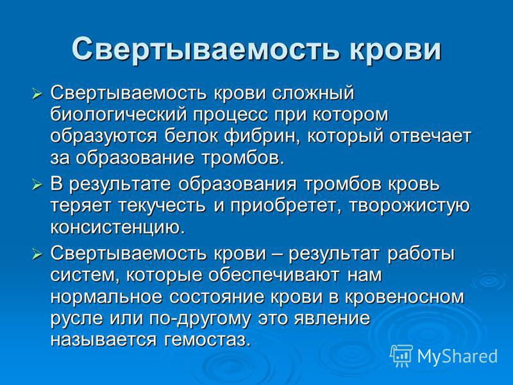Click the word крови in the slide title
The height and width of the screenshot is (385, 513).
click(395, 49)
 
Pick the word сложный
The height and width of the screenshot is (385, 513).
click(314, 93)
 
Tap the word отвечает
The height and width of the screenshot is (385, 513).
click(430, 137)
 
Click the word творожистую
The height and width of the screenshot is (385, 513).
click(409, 206)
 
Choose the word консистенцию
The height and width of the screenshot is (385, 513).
click(117, 228)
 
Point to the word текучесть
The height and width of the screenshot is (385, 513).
click(162, 206)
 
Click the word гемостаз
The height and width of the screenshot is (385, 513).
click(207, 340)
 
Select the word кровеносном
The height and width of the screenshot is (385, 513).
click(405, 297)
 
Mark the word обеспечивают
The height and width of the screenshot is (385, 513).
click(274, 275)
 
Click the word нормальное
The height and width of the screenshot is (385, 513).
click(106, 297)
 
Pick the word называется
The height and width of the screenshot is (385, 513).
click(103, 340)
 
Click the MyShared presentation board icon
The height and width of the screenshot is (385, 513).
click(401, 355)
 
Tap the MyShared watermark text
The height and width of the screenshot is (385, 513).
click(457, 356)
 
